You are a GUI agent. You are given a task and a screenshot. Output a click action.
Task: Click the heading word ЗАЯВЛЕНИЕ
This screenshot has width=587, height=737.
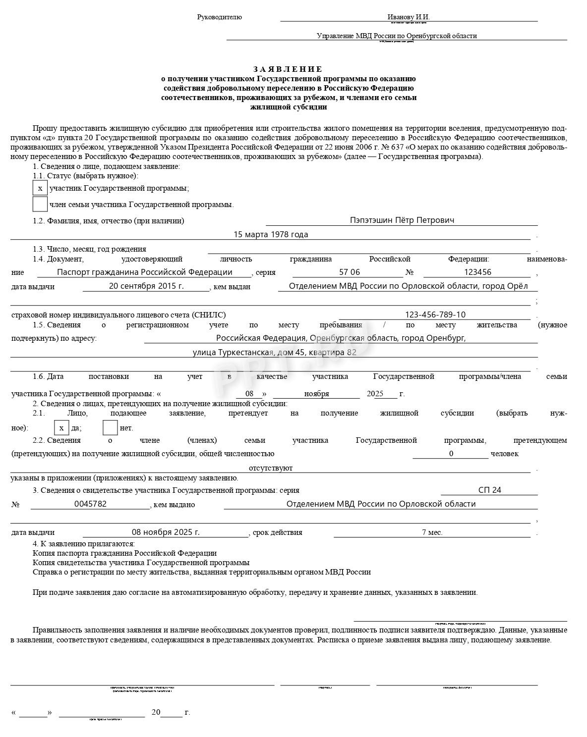click(288, 69)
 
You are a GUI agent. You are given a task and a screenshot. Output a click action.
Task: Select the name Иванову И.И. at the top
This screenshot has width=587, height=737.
click(409, 17)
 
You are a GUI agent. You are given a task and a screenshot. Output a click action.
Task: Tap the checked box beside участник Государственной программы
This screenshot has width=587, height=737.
click(40, 188)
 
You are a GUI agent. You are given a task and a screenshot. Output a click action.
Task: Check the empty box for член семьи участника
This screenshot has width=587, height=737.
click(40, 204)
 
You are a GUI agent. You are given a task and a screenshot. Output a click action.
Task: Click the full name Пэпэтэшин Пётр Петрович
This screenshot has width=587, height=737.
click(402, 220)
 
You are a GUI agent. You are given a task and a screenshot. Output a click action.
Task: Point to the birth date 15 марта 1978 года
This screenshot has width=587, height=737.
click(271, 234)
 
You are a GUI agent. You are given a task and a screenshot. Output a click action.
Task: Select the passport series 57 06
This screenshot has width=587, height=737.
click(350, 272)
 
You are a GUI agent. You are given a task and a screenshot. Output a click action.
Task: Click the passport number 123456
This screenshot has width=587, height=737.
click(477, 272)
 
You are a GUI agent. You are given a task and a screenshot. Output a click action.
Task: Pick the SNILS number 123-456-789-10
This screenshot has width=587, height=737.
click(435, 315)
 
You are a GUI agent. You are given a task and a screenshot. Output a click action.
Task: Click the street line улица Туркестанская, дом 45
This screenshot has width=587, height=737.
click(274, 352)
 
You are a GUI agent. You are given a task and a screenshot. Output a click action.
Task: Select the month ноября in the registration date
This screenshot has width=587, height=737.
click(316, 394)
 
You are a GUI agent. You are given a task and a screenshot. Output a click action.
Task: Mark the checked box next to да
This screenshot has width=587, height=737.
click(61, 427)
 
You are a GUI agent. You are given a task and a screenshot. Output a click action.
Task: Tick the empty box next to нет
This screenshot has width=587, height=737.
click(110, 427)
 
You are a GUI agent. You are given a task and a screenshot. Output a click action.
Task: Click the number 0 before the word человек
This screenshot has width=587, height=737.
click(451, 453)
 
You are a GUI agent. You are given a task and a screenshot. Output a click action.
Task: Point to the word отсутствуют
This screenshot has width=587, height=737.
click(271, 468)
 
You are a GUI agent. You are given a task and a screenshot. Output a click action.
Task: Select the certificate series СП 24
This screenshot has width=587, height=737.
click(490, 490)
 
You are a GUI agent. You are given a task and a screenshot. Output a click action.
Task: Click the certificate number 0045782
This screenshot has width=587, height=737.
click(90, 504)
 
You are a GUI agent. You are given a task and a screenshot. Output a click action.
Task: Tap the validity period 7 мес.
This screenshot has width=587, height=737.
click(432, 532)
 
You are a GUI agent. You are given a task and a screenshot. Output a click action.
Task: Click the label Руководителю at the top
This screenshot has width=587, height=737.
click(220, 17)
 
